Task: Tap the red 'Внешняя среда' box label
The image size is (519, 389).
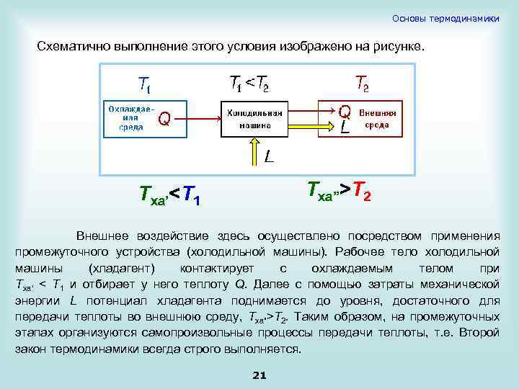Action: click(x=378, y=118)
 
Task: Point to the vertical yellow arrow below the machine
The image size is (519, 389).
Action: click(x=254, y=153)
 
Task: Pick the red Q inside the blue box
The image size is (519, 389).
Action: click(x=164, y=118)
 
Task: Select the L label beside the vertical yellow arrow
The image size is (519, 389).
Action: click(x=268, y=156)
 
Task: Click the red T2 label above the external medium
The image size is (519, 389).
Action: click(x=362, y=84)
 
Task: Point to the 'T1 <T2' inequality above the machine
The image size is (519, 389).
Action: click(x=249, y=84)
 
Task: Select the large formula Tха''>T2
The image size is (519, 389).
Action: click(x=340, y=191)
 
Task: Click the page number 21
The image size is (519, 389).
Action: click(x=260, y=375)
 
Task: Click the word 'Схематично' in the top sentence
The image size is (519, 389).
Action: click(x=71, y=46)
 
